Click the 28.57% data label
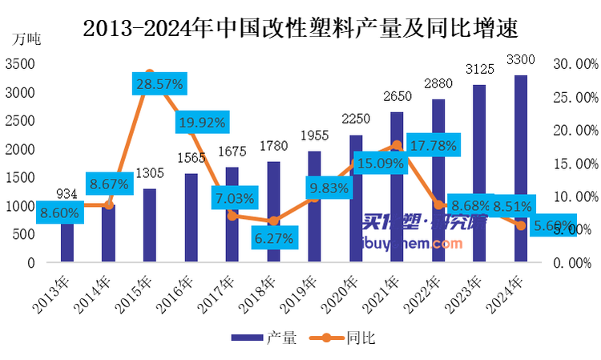[159, 83]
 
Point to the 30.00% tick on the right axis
[575, 64]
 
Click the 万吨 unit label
[26, 37]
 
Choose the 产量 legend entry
[264, 338]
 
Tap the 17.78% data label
[433, 146]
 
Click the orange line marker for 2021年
[397, 145]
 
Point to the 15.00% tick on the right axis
[575, 164]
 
